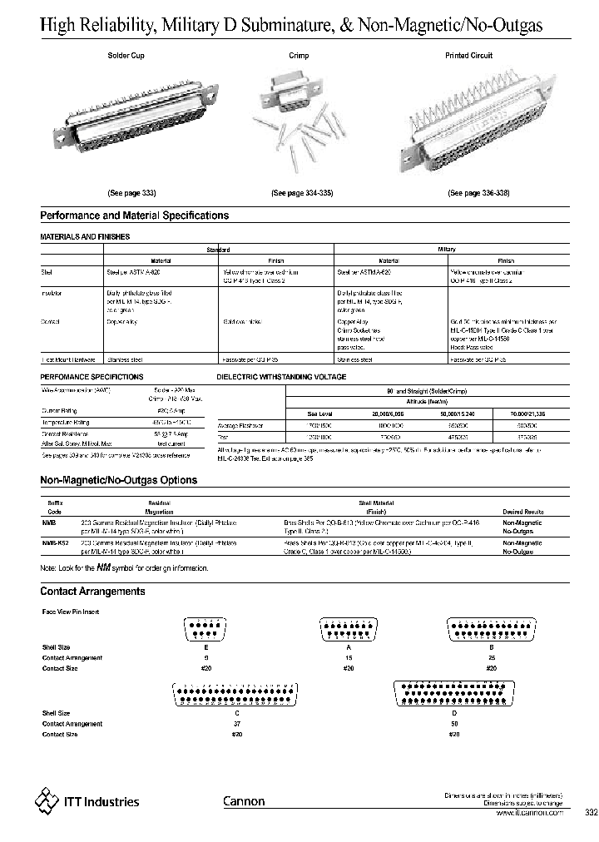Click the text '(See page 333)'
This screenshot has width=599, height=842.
point(131,192)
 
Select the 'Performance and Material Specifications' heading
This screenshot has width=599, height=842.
point(134,215)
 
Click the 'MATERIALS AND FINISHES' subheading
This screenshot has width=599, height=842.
point(85,237)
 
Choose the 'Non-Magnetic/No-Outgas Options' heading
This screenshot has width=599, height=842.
point(118,480)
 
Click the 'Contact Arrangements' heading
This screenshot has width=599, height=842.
point(92,592)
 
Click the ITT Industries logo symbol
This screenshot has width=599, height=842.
point(47,800)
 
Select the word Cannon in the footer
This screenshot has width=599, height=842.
point(244,801)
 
